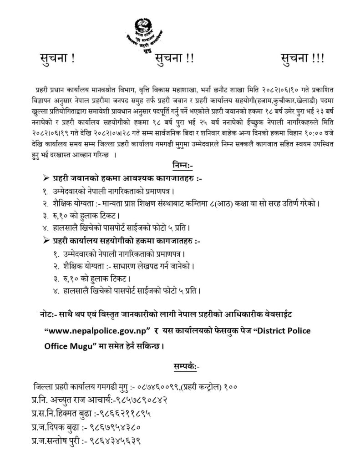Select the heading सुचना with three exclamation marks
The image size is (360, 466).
click(300, 60)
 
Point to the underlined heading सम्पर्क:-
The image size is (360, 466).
click(180, 365)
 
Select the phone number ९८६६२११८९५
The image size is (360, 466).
click(124, 414)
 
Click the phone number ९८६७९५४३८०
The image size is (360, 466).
click(112, 428)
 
